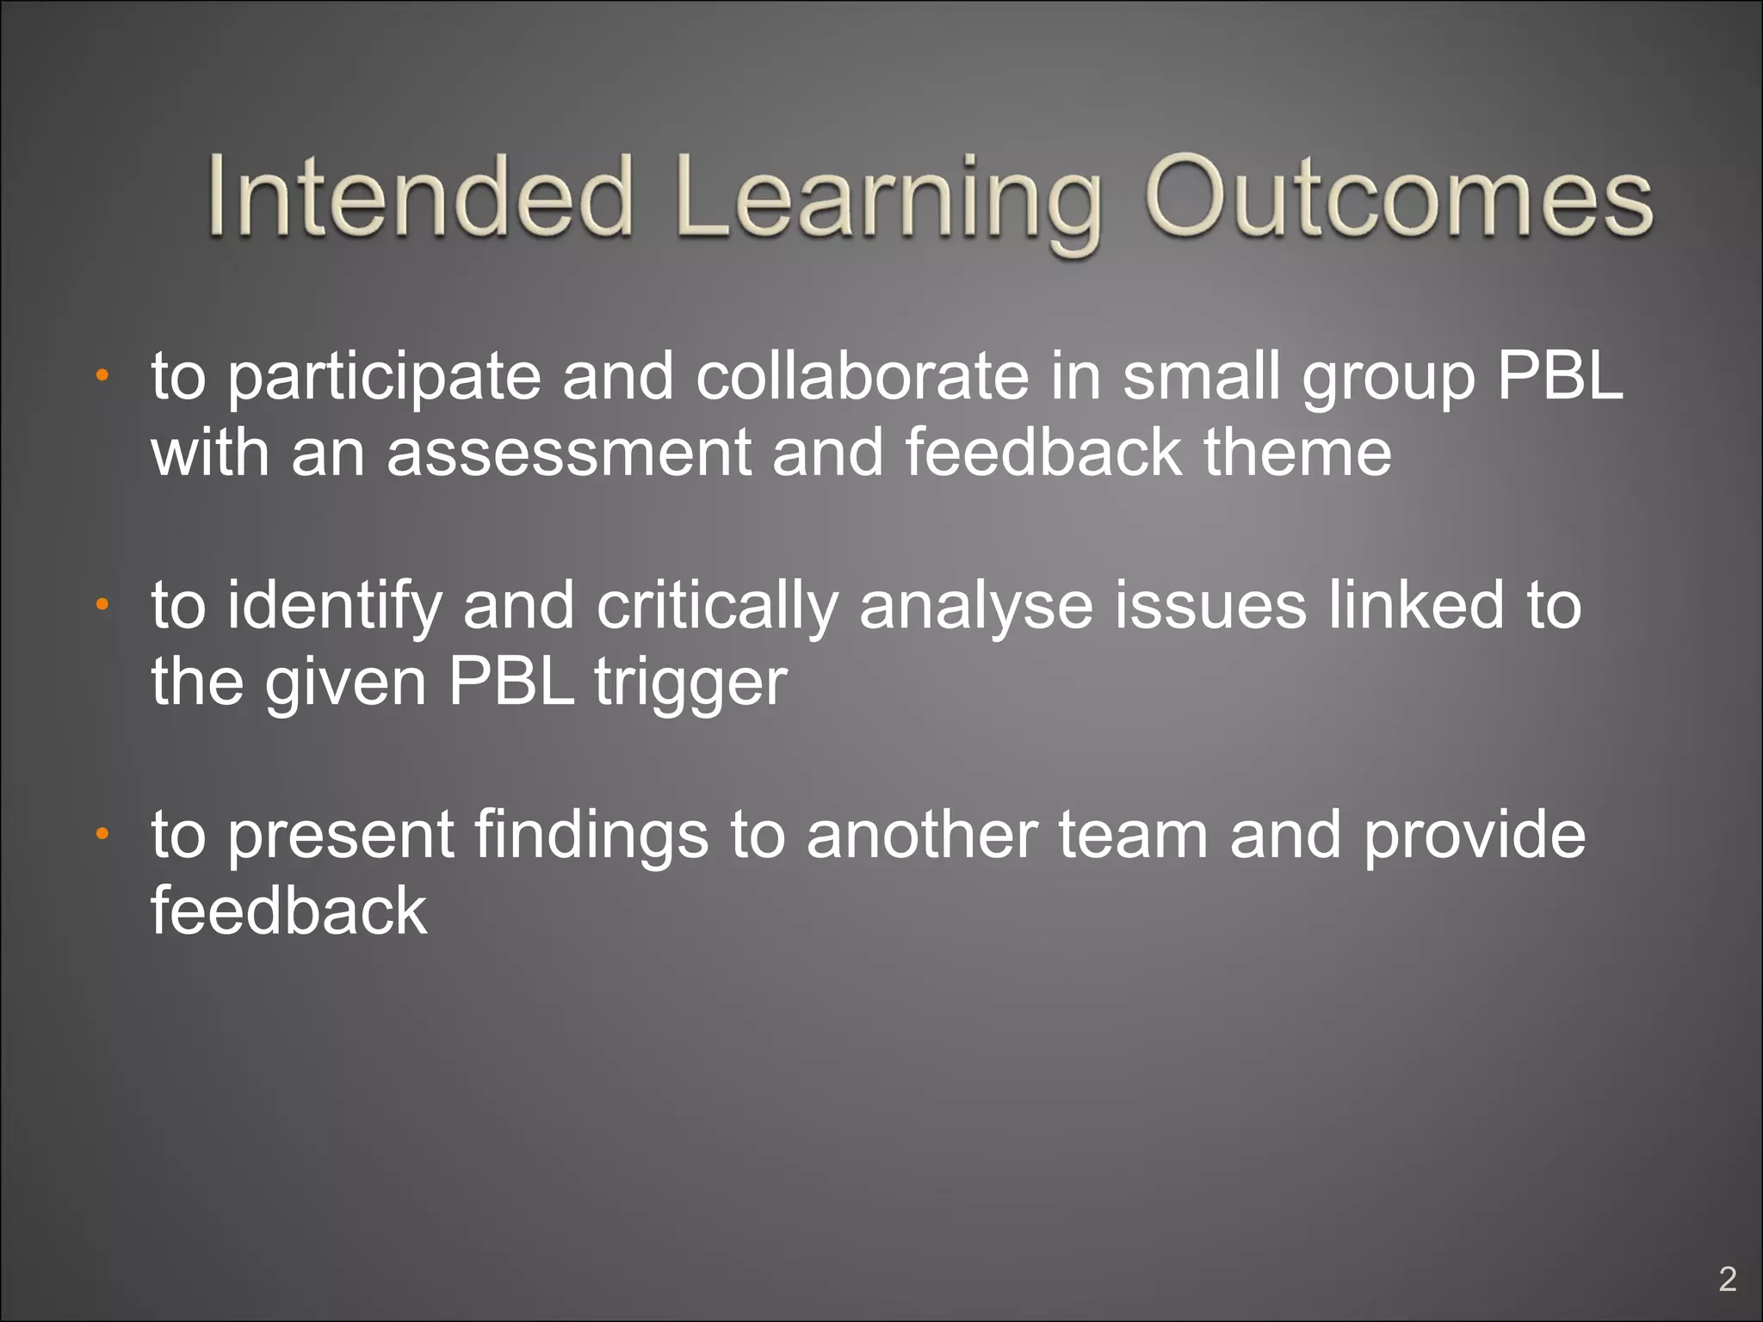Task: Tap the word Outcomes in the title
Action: [1398, 196]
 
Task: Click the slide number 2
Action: [1727, 1280]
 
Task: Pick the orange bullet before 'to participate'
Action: [102, 375]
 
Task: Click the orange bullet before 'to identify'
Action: [102, 605]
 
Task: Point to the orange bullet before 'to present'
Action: [102, 834]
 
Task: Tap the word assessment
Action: [569, 454]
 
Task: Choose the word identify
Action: [335, 607]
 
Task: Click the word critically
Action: [717, 607]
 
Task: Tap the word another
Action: [922, 835]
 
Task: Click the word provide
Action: [1475, 837]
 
